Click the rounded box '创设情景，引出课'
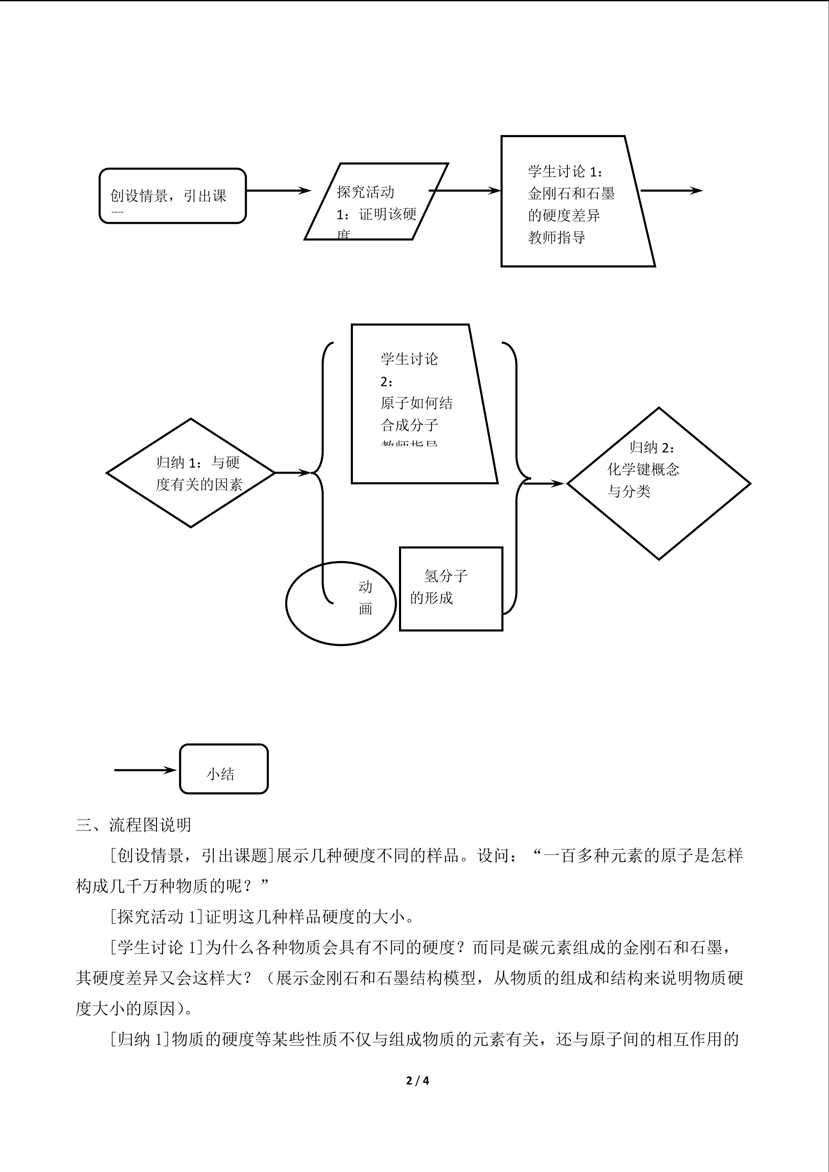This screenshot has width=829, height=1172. [173, 196]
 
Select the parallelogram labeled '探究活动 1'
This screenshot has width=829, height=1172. [376, 202]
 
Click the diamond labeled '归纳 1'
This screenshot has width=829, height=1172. [191, 473]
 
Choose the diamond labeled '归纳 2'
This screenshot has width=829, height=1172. [658, 483]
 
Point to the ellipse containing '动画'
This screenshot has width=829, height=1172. [341, 603]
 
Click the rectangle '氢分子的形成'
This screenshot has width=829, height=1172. [451, 589]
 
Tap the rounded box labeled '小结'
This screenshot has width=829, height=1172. [224, 769]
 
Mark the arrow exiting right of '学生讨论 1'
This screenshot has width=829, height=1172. [671, 191]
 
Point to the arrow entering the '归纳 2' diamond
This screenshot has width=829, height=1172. [543, 483]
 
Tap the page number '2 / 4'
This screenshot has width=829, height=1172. [417, 1081]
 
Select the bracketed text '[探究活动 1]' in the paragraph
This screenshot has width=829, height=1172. [157, 917]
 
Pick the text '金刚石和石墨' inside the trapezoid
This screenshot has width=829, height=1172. [571, 194]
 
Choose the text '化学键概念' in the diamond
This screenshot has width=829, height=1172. [643, 470]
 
